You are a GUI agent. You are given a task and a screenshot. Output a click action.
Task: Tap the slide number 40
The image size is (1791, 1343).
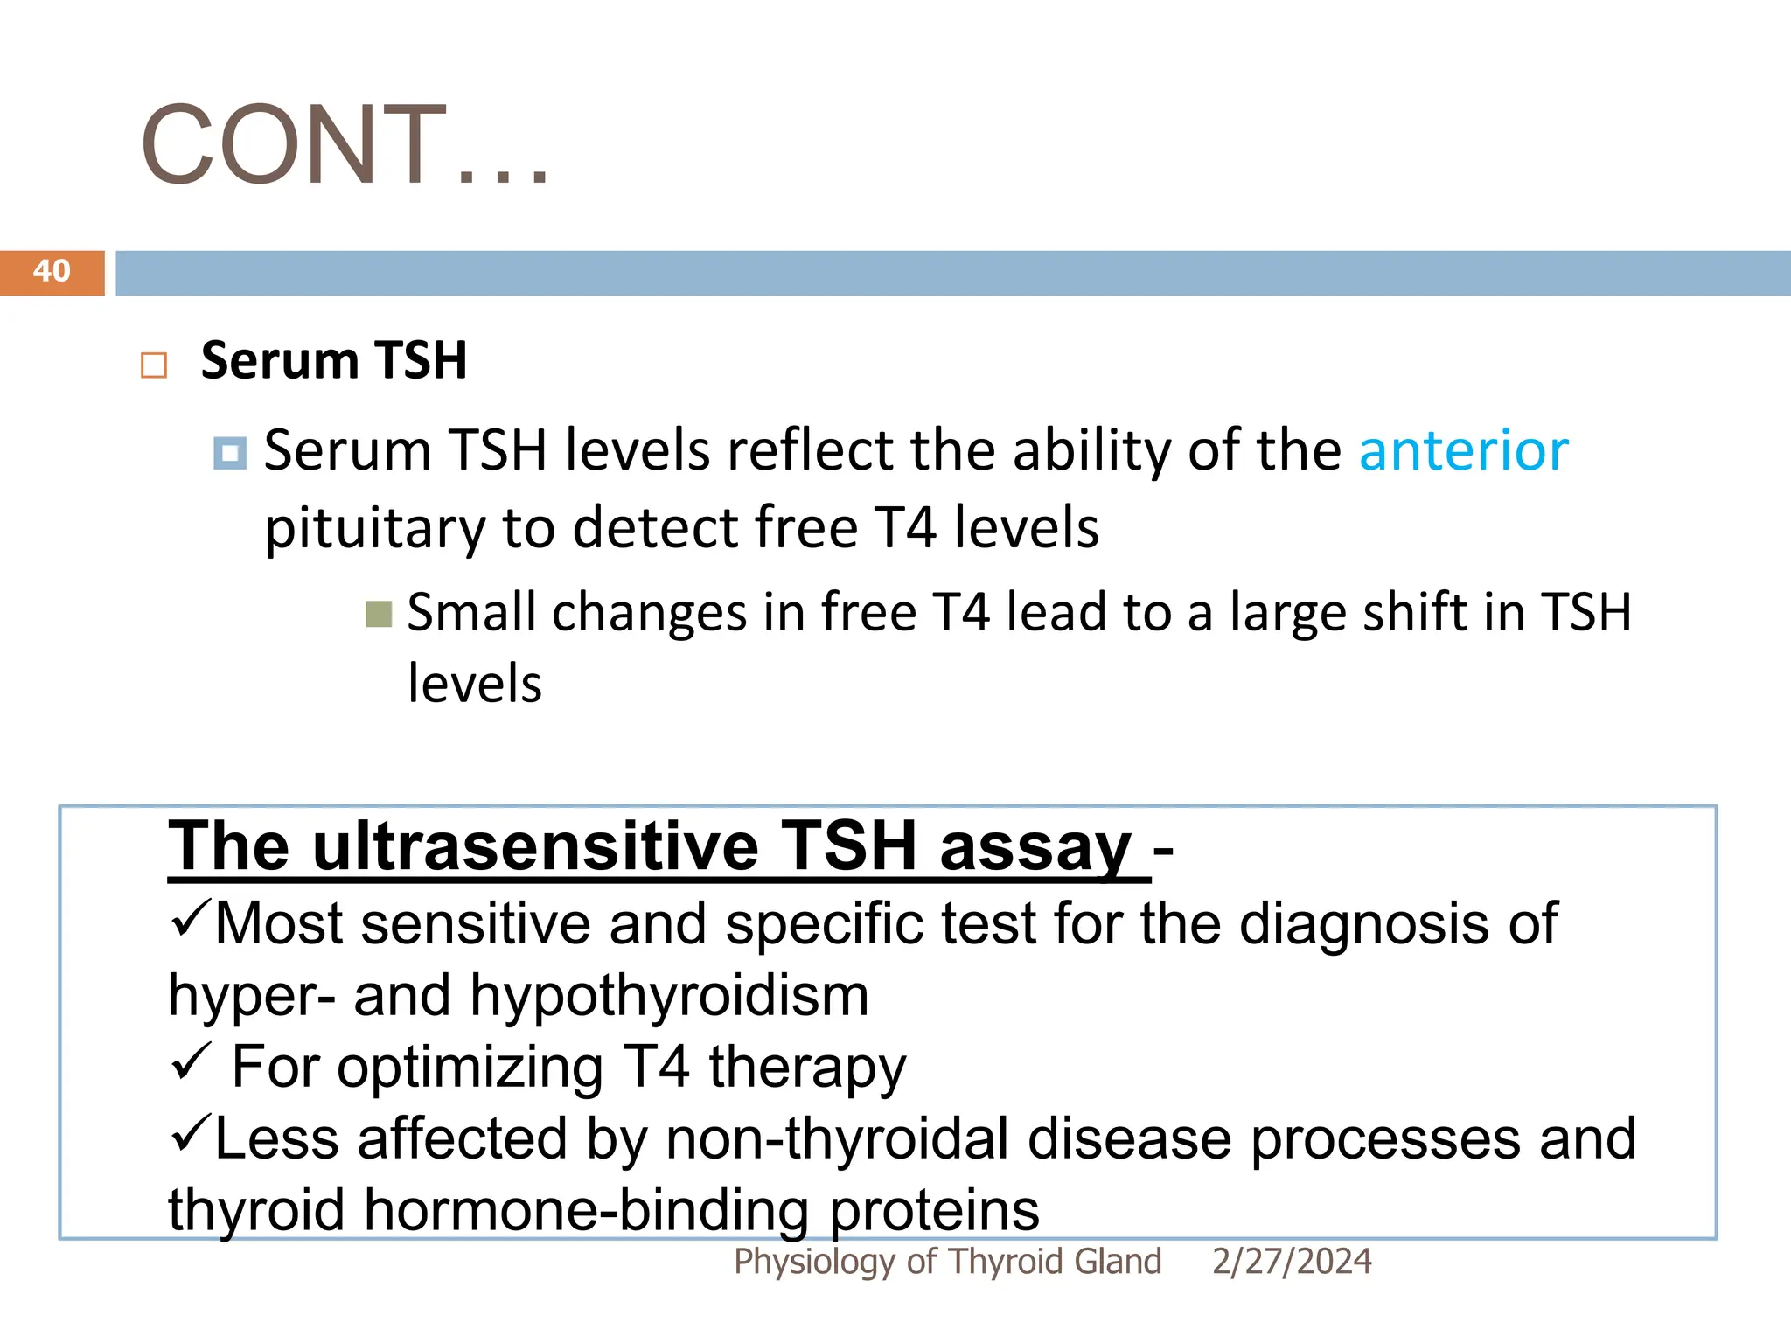click(52, 271)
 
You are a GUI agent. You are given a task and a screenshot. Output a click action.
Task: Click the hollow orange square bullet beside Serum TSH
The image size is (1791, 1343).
click(154, 365)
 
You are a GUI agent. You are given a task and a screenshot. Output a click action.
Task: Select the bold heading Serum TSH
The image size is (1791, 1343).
click(334, 360)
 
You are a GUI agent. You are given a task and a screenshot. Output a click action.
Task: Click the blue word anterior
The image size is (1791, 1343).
click(1463, 451)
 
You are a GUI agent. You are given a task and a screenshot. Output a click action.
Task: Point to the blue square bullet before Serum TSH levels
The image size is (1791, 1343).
click(230, 453)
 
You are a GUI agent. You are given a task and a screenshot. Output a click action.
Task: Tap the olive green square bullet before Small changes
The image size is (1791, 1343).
click(379, 615)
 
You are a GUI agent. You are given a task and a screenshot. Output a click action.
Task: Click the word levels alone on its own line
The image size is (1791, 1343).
click(475, 684)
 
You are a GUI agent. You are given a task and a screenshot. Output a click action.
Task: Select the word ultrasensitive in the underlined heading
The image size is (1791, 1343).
click(535, 846)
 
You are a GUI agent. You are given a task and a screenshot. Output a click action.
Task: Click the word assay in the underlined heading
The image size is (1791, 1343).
click(1035, 846)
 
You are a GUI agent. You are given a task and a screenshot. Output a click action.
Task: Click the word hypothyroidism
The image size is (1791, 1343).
click(669, 996)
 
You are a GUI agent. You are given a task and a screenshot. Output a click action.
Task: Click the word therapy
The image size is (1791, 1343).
click(806, 1068)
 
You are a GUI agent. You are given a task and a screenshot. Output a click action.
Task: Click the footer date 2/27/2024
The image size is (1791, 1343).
click(1291, 1262)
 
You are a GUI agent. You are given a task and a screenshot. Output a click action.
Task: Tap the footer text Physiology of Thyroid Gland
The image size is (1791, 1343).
click(947, 1262)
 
